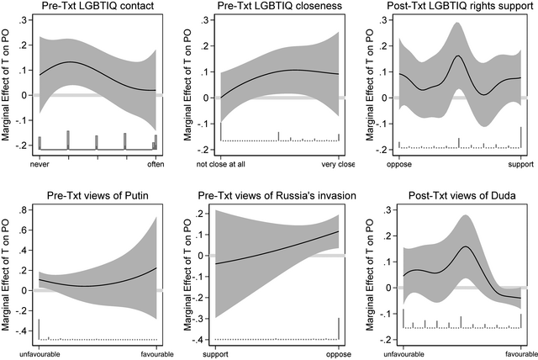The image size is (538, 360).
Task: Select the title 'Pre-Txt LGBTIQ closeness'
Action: (279, 8)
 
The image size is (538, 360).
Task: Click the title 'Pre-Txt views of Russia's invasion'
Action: (278, 197)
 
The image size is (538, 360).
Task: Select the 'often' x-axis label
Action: (156, 164)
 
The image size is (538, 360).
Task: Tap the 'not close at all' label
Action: (223, 164)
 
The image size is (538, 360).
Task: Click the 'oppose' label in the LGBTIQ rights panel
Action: (399, 164)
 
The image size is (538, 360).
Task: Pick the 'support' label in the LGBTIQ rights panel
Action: (522, 164)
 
